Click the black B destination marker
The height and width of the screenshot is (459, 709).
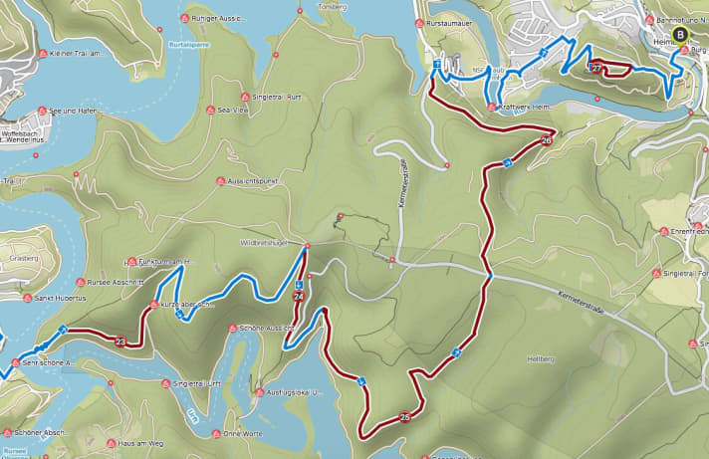(680, 34)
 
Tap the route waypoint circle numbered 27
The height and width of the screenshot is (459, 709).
(595, 69)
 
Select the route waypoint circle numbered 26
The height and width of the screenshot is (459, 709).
(546, 141)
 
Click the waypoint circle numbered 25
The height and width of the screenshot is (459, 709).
(404, 417)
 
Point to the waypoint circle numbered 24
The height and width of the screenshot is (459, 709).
(299, 297)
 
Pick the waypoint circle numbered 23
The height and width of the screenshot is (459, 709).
(120, 343)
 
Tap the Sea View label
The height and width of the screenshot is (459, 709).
(232, 111)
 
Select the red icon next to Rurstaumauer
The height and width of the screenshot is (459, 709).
(418, 21)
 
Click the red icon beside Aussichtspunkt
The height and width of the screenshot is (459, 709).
(220, 180)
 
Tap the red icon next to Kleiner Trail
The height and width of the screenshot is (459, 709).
(43, 54)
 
